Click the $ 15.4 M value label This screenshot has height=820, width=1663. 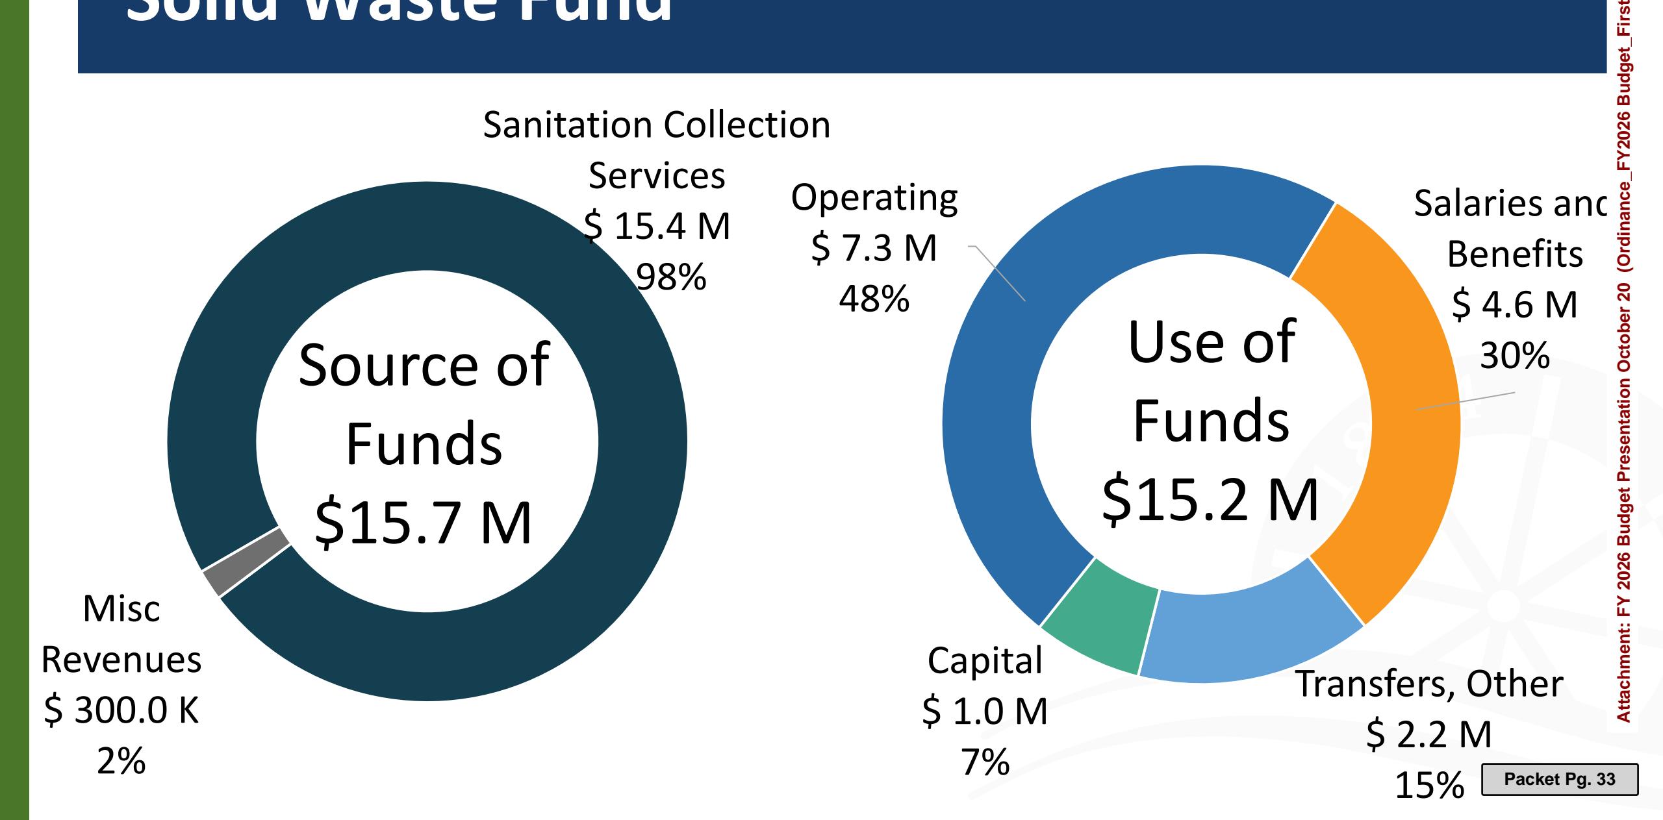coord(657,226)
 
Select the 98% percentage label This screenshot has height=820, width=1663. coord(670,277)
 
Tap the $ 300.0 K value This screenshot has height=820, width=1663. coord(121,710)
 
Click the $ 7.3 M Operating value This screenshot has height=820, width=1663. coord(874,247)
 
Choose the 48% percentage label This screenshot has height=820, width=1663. coord(874,299)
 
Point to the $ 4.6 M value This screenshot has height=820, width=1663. coord(1514,304)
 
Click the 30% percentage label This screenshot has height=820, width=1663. coord(1514,355)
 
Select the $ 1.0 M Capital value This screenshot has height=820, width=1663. coord(985,710)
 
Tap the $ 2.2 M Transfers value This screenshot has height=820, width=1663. coord(1429,734)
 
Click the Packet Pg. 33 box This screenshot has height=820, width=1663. coord(1559,779)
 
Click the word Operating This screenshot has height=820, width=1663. coord(874,197)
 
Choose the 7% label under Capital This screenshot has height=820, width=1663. coord(985,762)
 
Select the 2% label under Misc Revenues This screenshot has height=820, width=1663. coord(121,761)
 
